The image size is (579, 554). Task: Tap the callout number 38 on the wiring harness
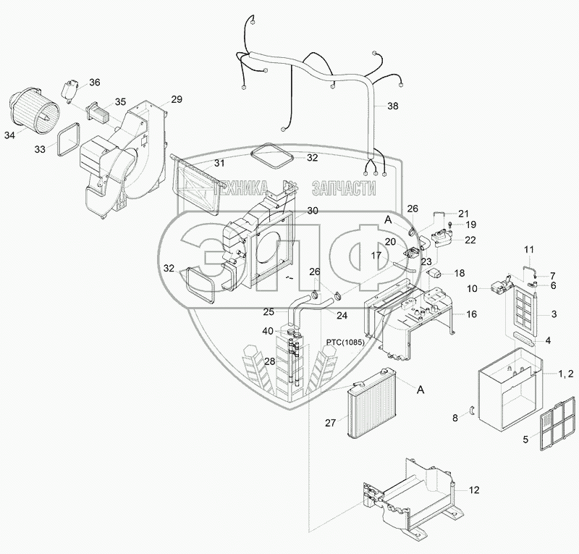click(392, 106)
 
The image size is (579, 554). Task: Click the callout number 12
click(473, 490)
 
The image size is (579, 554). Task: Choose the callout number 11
click(528, 250)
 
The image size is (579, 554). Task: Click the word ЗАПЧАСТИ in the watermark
click(342, 188)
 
